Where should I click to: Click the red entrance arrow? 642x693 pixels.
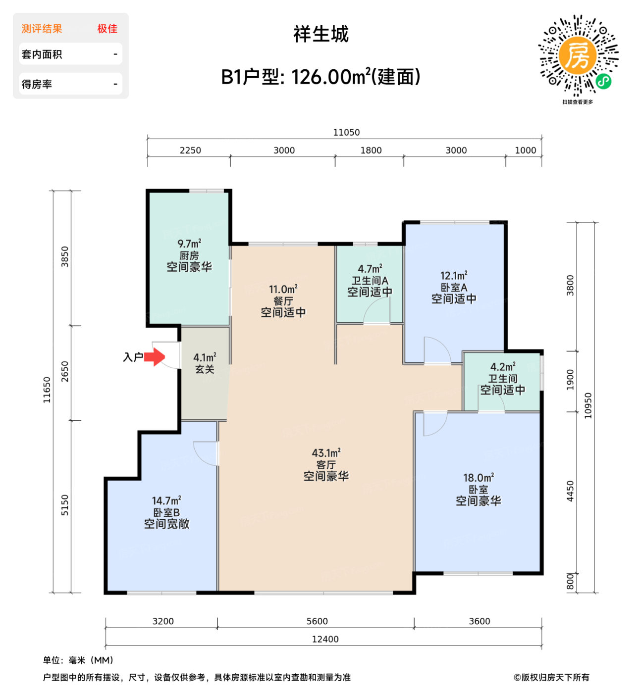click(155, 356)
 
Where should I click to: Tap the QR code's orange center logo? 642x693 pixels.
click(578, 55)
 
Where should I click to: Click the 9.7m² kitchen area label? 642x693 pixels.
click(189, 244)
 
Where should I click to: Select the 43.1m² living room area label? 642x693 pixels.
click(326, 453)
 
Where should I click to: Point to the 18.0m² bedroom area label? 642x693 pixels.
click(478, 478)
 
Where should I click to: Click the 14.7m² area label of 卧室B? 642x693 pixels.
click(166, 501)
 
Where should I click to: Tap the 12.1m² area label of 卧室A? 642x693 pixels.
click(454, 276)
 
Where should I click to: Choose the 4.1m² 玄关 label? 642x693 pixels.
click(205, 357)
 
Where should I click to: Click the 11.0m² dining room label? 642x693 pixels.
click(283, 290)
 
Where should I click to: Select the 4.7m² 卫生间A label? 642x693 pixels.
click(370, 269)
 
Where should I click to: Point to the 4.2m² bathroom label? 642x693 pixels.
click(503, 367)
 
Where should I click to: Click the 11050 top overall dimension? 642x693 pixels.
click(346, 132)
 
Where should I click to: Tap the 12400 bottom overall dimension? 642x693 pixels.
click(325, 639)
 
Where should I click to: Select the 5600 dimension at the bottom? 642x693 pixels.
click(317, 621)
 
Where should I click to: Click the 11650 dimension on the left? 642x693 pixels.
click(47, 390)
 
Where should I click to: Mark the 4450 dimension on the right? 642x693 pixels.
click(570, 491)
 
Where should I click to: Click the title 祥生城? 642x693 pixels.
click(321, 34)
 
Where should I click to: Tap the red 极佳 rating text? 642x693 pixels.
click(107, 29)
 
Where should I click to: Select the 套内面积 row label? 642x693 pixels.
click(42, 54)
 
